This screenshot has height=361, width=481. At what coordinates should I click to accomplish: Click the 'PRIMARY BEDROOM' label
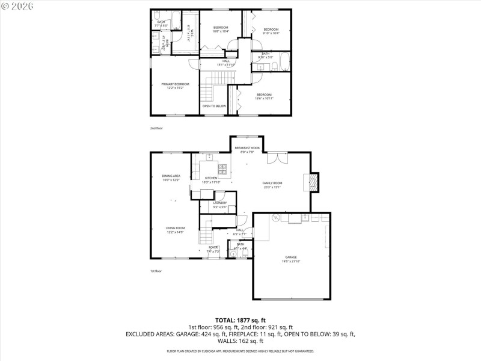coord(175,84)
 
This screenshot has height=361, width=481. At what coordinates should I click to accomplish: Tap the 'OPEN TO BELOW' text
coord(214,106)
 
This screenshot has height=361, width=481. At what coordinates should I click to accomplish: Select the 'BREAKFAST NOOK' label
coord(247,148)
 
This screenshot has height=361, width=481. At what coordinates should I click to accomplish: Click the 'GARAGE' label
coord(291,258)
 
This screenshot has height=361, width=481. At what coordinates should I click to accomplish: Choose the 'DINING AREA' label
coord(171,176)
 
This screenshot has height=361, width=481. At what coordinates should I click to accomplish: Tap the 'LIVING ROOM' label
coord(176,228)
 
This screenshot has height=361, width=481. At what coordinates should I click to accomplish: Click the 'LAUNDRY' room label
coord(220,203)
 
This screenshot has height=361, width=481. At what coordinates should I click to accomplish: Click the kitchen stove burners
coord(222,168)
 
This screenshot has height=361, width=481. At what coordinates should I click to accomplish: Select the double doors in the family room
coord(274,158)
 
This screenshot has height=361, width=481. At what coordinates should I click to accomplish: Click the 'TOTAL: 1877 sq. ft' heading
coord(240,320)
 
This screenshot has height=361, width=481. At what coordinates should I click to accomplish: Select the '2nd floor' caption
coord(156,128)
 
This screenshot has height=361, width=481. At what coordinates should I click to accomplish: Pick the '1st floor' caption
coord(156,271)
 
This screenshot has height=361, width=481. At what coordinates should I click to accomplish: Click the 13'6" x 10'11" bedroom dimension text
coord(265,98)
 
